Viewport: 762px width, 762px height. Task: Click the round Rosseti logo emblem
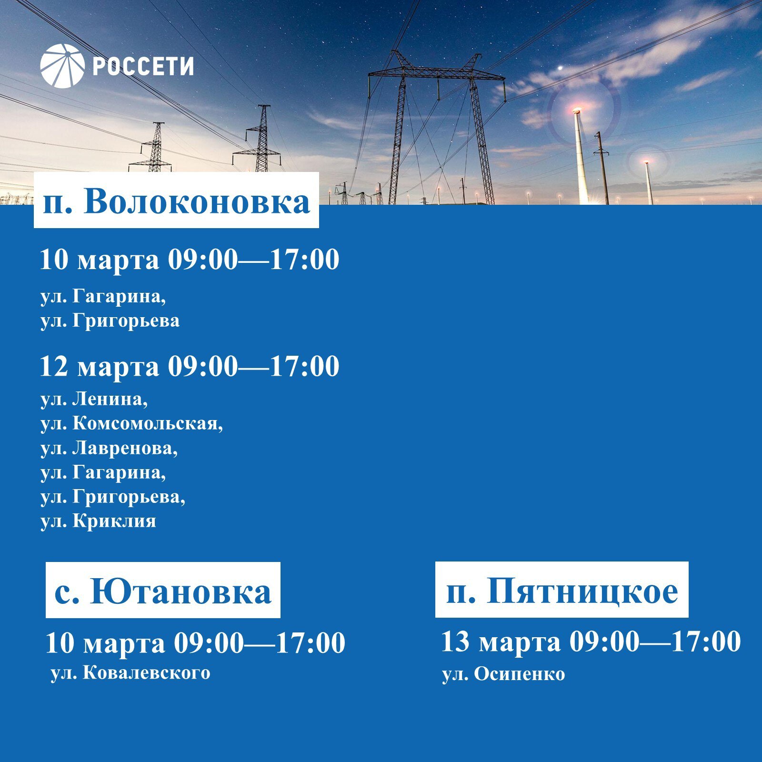[62, 66]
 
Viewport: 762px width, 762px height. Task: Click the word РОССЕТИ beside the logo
[143, 66]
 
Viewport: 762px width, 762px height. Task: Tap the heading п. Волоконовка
[176, 201]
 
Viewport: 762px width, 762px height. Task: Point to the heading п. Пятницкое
[561, 590]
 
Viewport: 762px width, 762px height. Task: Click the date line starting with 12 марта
[190, 366]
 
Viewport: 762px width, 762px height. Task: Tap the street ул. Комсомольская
[132, 423]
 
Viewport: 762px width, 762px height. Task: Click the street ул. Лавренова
[109, 448]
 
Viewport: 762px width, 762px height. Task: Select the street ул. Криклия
[99, 521]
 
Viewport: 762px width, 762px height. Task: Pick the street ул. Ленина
[94, 399]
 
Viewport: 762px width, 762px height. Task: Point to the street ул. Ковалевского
[130, 673]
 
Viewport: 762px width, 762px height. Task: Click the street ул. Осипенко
[503, 674]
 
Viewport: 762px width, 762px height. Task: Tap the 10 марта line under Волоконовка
[190, 260]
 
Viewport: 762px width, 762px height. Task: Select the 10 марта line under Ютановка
[195, 643]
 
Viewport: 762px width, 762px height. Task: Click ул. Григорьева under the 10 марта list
[110, 321]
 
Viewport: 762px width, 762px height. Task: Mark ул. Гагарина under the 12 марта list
[103, 472]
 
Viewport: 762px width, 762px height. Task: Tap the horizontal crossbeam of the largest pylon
[437, 73]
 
